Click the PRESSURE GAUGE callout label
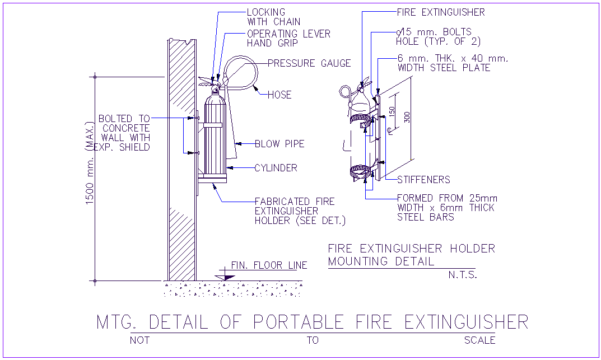309,63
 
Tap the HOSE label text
279,95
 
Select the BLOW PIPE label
279,144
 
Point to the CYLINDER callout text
276,168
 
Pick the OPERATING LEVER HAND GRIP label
288,39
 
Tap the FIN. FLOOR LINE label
269,265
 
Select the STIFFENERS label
423,180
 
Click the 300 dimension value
407,116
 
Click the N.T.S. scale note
462,275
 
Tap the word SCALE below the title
479,340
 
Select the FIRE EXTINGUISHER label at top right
440,12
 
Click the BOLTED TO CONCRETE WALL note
124,133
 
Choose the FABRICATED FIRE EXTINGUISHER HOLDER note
299,211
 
